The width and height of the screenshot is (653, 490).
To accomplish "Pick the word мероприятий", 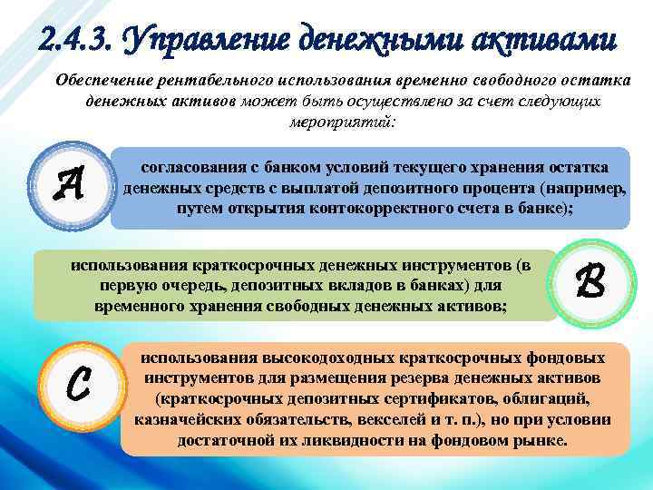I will [x=342, y=122].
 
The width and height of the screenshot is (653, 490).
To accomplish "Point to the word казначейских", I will [x=190, y=421].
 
